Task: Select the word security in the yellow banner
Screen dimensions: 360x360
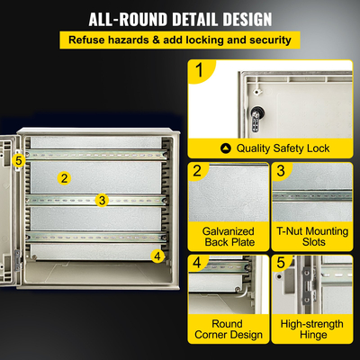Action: coord(265,40)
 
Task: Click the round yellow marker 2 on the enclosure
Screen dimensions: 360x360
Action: coord(64,177)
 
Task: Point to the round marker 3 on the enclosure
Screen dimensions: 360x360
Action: coord(102,200)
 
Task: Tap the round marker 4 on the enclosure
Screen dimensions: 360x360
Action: coord(157,256)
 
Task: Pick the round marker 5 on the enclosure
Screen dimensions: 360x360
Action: coord(18,159)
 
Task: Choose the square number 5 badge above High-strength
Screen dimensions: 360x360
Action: coord(281,263)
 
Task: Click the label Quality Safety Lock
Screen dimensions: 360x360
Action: coord(283,148)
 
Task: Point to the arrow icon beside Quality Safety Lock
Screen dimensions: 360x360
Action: coord(225,148)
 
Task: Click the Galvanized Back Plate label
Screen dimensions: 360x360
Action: coord(229,238)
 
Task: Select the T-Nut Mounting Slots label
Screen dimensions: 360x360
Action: coord(312,238)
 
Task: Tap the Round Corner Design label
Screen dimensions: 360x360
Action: coord(229,328)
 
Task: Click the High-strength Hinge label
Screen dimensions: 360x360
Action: coord(312,328)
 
